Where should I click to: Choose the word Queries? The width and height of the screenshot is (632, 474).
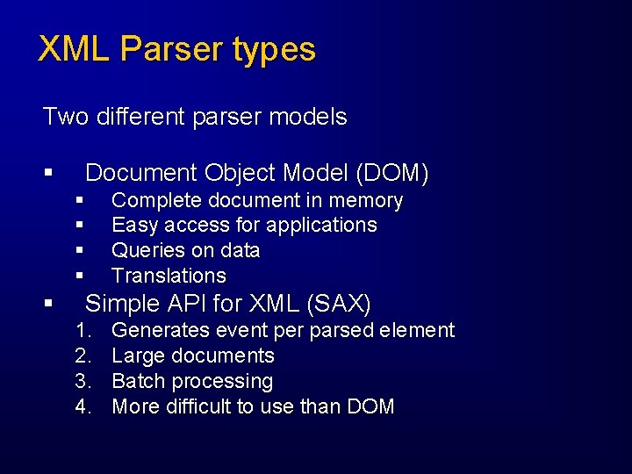point(146,250)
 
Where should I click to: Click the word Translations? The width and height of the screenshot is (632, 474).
point(169,276)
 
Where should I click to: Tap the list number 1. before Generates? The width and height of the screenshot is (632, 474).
point(83,331)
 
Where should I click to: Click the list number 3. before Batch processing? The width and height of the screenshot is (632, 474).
point(83,382)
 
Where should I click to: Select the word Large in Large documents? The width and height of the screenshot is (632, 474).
point(133,356)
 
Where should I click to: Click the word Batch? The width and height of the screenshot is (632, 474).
point(135,382)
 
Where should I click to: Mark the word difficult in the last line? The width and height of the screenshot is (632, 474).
point(197,407)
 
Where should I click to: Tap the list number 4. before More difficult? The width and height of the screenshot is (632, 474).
point(83,407)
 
